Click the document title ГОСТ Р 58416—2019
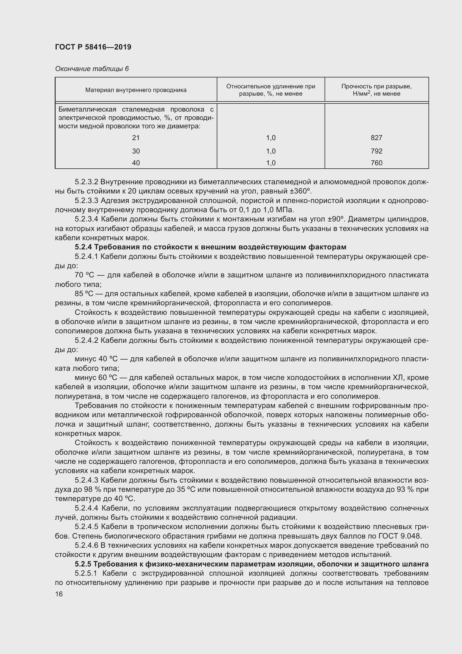tap(93, 47)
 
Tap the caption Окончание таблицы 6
tap(92, 69)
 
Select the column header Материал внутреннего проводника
tap(136, 90)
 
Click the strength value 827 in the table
tap(376, 138)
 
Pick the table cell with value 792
tap(376, 151)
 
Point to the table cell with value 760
tap(376, 163)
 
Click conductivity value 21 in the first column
tap(136, 138)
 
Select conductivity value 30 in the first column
tap(136, 151)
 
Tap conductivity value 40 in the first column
tap(136, 163)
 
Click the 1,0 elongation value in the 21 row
tap(271, 138)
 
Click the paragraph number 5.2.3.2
tap(87, 182)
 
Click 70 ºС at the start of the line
tap(84, 275)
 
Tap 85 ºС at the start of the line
tap(84, 294)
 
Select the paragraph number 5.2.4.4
tap(87, 508)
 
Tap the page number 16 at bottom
tap(59, 594)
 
